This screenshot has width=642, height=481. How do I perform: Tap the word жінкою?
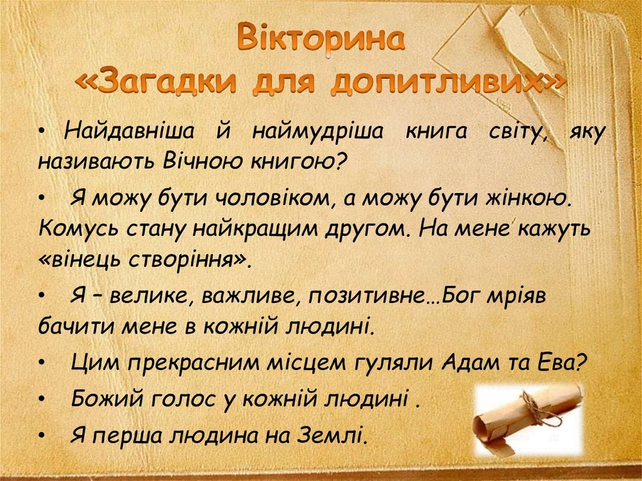[527, 199]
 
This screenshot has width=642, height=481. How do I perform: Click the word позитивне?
[366, 296]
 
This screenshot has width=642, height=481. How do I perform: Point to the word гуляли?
[394, 363]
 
